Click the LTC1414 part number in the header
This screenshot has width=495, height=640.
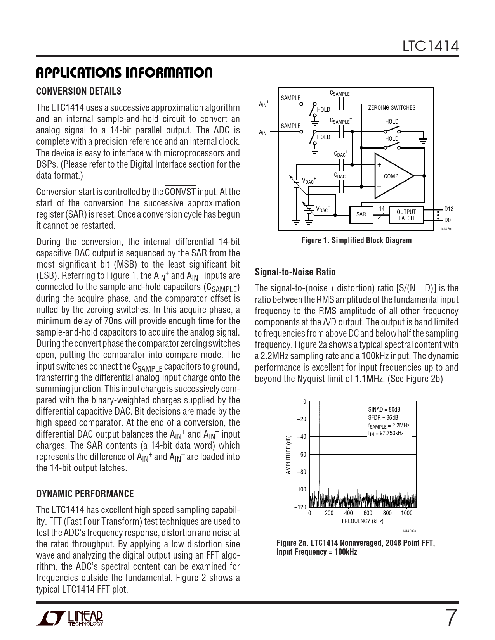tap(430, 47)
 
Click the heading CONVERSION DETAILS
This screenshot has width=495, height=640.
tap(78, 92)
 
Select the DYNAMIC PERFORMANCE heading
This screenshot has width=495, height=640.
tap(85, 494)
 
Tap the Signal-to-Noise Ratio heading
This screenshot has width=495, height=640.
tap(295, 272)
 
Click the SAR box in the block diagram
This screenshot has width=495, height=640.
tap(361, 214)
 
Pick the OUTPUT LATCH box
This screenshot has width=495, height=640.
tap(406, 215)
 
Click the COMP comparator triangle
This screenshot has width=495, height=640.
tap(391, 176)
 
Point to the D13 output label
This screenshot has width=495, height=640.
tap(449, 209)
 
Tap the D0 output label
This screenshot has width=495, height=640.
tap(447, 220)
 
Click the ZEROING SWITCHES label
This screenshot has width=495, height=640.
tap(391, 108)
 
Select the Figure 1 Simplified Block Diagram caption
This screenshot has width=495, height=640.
tap(356, 240)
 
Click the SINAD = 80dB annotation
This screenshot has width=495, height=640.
tap(384, 410)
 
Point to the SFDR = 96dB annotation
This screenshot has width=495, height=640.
tap(383, 418)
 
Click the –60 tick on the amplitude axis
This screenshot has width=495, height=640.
tap(301, 454)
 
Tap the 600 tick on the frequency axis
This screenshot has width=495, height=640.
tap(368, 513)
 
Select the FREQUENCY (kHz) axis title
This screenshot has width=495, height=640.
tap(362, 521)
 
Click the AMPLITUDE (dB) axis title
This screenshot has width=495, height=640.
tap(288, 454)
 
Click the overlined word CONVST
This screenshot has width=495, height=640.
tap(180, 192)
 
